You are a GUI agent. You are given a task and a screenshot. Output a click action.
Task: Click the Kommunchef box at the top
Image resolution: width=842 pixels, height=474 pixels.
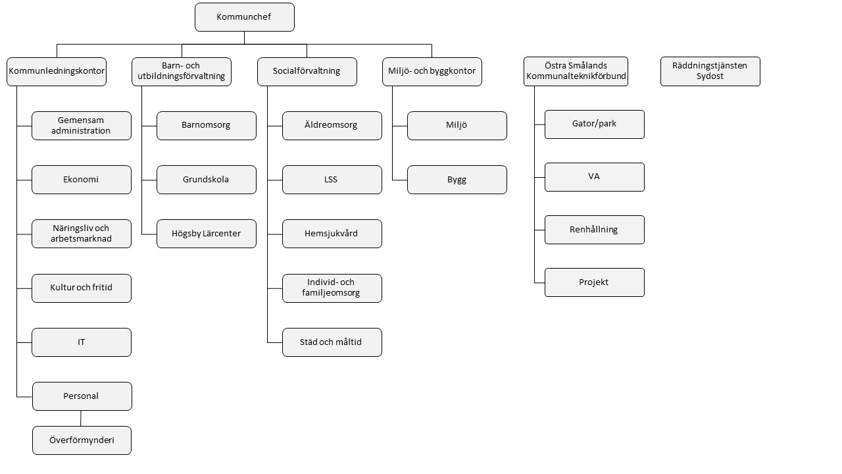click(244, 17)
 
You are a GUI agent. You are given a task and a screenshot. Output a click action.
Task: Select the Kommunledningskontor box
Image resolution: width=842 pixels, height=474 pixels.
click(57, 72)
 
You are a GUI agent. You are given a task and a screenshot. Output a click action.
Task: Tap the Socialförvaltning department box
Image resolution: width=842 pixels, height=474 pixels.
click(307, 72)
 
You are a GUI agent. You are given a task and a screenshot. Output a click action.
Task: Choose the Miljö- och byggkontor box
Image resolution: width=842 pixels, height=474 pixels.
click(432, 72)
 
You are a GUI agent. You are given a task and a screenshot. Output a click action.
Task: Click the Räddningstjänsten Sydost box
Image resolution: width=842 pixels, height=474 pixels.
click(710, 72)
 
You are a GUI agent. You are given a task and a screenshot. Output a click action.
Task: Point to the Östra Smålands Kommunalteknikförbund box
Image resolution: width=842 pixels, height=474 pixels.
click(576, 72)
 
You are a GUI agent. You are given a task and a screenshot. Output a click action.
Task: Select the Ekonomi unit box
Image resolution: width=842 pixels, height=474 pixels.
click(82, 180)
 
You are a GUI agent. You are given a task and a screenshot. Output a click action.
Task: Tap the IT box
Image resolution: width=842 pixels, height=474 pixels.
click(82, 342)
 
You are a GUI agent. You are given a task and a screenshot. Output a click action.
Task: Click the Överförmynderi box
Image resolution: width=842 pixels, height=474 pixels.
click(82, 440)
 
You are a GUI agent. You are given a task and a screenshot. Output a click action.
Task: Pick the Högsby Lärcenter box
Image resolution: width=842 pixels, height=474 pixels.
click(207, 234)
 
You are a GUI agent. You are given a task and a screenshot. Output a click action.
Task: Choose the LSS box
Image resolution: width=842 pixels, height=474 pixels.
click(332, 180)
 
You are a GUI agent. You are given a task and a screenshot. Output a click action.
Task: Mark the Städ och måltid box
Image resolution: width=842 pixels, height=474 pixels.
click(332, 342)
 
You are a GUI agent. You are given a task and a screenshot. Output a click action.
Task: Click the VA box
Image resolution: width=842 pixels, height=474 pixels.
click(594, 177)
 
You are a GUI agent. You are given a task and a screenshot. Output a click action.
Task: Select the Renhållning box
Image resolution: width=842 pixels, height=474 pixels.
click(594, 230)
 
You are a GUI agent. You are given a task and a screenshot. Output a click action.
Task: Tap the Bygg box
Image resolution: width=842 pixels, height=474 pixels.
click(457, 180)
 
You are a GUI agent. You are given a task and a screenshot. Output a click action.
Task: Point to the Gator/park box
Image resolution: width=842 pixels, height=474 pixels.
click(594, 124)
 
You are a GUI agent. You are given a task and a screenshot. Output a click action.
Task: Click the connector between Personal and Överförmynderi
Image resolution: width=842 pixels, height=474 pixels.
click(81, 418)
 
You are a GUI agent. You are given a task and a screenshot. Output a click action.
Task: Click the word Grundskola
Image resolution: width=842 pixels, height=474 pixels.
click(206, 180)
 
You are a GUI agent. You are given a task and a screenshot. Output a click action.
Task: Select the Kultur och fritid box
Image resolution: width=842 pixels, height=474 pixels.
click(82, 288)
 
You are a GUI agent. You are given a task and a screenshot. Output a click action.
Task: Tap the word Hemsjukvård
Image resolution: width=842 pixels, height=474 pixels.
click(331, 233)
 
